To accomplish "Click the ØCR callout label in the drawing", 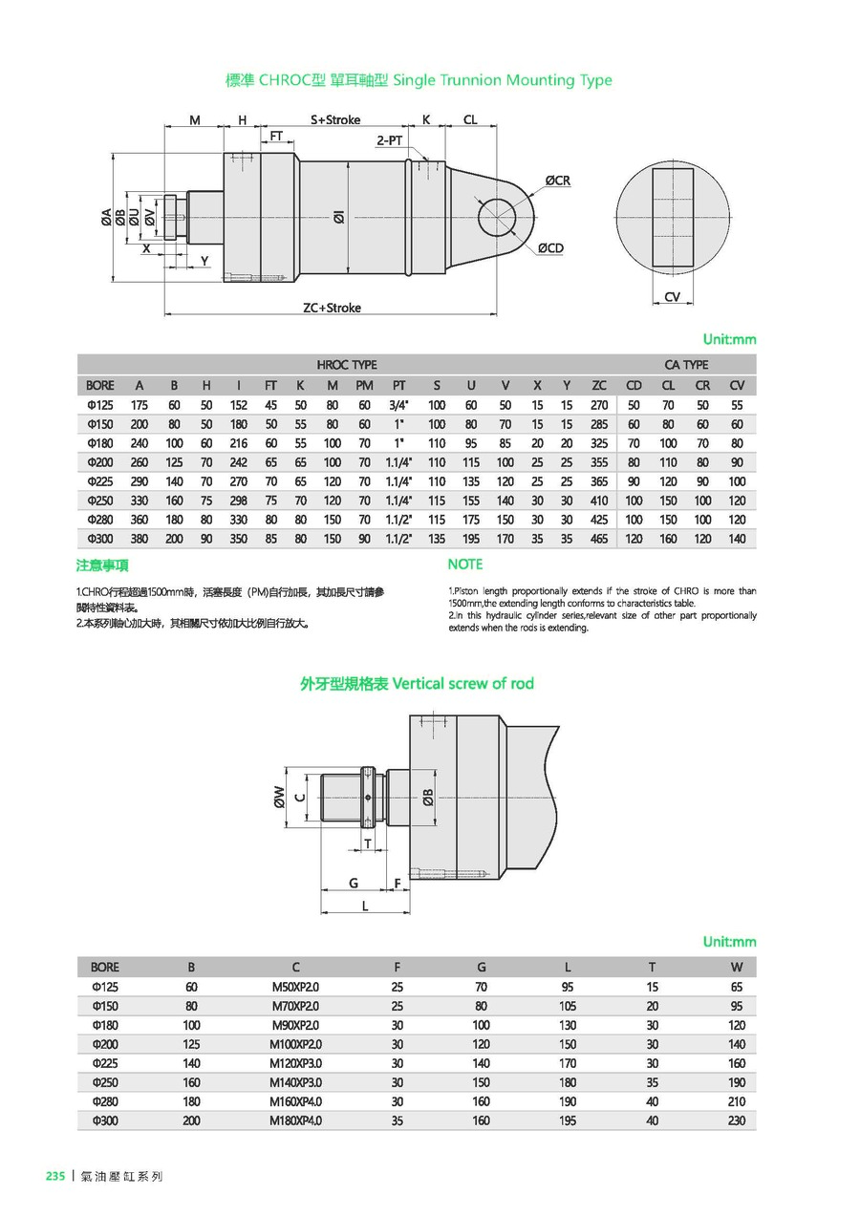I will click(x=558, y=181).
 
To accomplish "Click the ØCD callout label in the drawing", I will click(x=549, y=248).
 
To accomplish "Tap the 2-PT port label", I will click(x=389, y=139).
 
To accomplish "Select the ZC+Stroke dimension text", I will click(x=332, y=309).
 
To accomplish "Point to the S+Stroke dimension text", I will click(x=335, y=120).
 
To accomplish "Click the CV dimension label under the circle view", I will click(x=673, y=297).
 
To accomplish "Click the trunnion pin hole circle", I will click(x=496, y=214).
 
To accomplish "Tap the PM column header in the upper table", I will click(x=364, y=385).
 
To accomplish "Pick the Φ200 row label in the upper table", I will click(x=100, y=462).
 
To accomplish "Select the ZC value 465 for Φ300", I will click(x=599, y=539).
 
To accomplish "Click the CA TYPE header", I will click(x=686, y=365).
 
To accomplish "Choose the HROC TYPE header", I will click(x=347, y=365).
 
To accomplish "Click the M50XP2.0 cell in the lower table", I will click(x=296, y=987).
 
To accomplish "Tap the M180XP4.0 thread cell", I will click(x=296, y=1120).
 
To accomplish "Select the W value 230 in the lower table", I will click(x=736, y=1120).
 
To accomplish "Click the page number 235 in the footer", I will click(x=54, y=1176).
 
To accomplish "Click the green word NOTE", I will click(x=465, y=565).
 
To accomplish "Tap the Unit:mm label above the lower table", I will click(x=729, y=942).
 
